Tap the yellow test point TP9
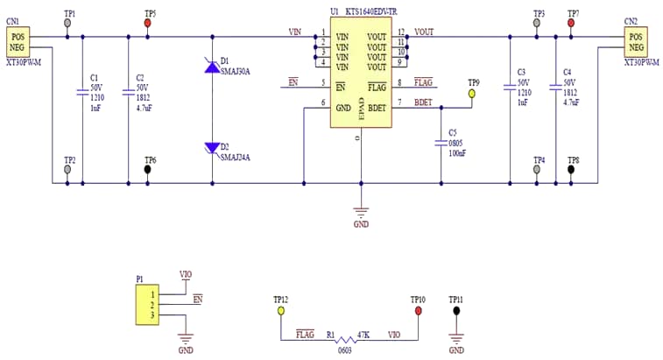472,92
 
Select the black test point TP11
455,310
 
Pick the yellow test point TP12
280,310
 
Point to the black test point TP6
148,170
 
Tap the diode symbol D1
212,64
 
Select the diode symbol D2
212,148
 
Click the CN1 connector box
18,41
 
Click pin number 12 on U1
401,33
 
